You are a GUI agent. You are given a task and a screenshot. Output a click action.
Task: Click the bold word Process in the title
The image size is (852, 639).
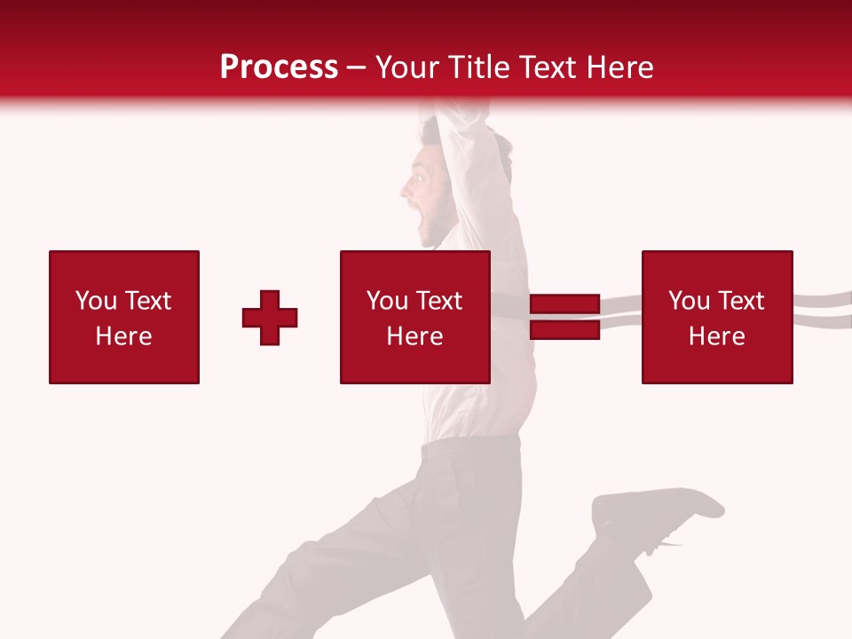279,67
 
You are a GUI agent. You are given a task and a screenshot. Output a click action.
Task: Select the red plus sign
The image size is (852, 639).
270,318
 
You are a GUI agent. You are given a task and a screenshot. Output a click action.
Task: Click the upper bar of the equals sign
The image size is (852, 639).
564,304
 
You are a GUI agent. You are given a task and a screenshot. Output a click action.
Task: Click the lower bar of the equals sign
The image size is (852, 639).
564,329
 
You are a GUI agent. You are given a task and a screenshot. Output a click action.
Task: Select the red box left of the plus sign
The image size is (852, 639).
123,317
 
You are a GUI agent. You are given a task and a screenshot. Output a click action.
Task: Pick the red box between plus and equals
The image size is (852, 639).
414,317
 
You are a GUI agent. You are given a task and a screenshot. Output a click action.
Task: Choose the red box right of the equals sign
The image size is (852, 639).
716,317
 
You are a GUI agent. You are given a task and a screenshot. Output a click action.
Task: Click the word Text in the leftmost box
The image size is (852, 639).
147,301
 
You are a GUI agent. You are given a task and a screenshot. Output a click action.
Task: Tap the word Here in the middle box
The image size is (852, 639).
414,336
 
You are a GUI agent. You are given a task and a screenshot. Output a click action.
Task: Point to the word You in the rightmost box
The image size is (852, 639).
689,301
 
